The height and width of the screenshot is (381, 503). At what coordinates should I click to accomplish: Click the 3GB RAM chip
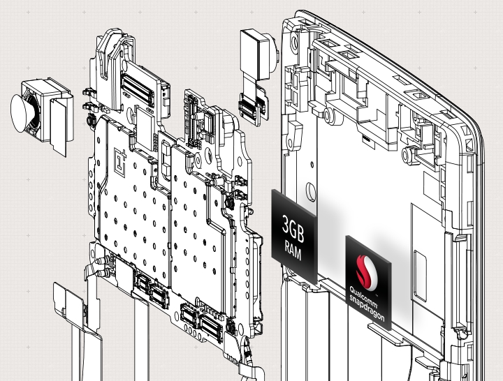(x=294, y=236)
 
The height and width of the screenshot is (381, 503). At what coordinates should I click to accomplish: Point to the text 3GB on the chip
(x=293, y=227)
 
